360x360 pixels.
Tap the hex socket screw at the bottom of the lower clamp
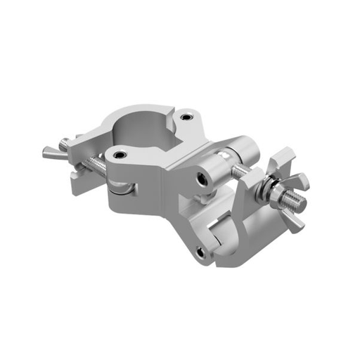202,251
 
